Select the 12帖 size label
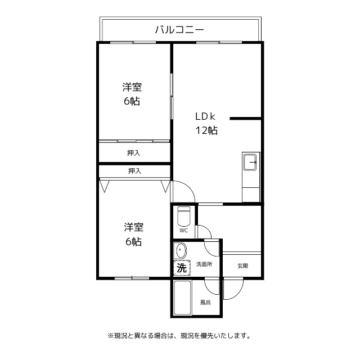[206, 130]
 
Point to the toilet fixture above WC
[183, 216]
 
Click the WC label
[183, 231]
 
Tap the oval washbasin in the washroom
[181, 250]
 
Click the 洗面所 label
[204, 264]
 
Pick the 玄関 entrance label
[242, 266]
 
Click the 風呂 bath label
[205, 303]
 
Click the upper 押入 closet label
[133, 152]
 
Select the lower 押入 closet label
[134, 170]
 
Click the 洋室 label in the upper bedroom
[132, 87]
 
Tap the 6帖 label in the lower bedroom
[133, 242]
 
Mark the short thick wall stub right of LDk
[245, 119]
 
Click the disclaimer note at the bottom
[179, 336]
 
